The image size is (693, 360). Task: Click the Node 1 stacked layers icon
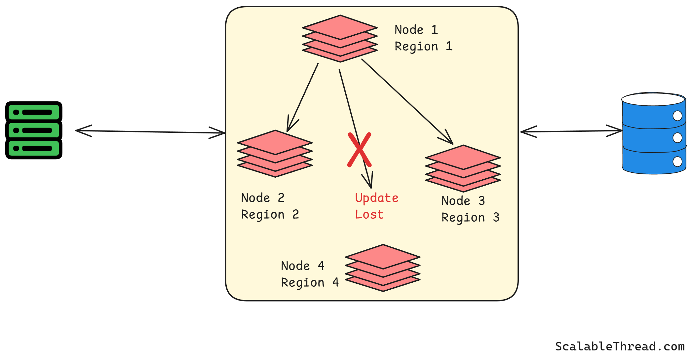pyautogui.click(x=340, y=38)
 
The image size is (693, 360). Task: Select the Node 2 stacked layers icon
pyautogui.click(x=275, y=154)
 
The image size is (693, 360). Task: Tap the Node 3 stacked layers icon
pyautogui.click(x=463, y=168)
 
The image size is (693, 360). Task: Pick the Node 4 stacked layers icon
pyautogui.click(x=383, y=268)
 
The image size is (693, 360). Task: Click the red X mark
pyautogui.click(x=359, y=150)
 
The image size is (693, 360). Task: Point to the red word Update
pyautogui.click(x=376, y=198)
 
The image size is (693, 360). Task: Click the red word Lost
pyautogui.click(x=369, y=215)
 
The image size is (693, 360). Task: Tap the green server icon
pyautogui.click(x=34, y=130)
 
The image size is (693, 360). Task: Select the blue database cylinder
pyautogui.click(x=654, y=139)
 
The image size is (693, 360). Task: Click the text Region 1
pyautogui.click(x=423, y=47)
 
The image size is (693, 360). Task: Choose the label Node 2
pyautogui.click(x=262, y=198)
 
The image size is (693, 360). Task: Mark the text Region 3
pyautogui.click(x=470, y=218)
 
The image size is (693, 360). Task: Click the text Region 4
pyautogui.click(x=310, y=283)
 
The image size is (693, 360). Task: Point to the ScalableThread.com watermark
pyautogui.click(x=620, y=346)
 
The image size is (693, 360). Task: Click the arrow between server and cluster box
pyautogui.click(x=150, y=132)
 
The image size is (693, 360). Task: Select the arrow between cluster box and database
pyautogui.click(x=571, y=131)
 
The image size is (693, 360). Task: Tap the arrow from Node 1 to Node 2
pyautogui.click(x=302, y=98)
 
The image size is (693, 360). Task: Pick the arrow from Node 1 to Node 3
pyautogui.click(x=406, y=101)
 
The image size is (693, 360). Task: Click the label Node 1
pyautogui.click(x=416, y=30)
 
